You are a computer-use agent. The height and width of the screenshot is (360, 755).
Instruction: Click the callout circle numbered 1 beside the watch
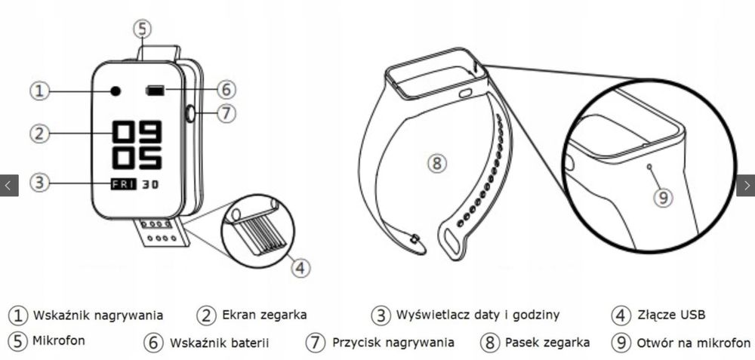[39, 91]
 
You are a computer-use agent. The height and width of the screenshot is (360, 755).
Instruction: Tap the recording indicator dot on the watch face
[116, 91]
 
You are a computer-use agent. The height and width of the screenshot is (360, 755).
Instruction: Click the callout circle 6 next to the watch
[226, 90]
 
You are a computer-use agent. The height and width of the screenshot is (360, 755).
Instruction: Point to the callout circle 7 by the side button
[226, 114]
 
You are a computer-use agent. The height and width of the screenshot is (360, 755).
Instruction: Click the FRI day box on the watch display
[122, 183]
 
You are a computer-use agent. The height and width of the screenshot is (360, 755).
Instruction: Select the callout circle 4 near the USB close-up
[300, 266]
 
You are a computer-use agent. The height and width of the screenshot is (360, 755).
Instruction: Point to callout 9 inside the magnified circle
[662, 197]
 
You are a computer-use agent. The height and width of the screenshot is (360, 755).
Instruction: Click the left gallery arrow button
[9, 185]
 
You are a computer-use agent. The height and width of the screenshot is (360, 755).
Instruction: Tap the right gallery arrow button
[745, 185]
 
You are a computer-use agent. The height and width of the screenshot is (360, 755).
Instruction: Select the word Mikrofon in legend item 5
[59, 340]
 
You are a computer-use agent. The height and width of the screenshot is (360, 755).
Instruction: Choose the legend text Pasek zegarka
[547, 342]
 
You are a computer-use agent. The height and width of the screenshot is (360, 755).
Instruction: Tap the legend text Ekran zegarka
[264, 315]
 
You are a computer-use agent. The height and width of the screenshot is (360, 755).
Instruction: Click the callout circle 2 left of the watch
[39, 134]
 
